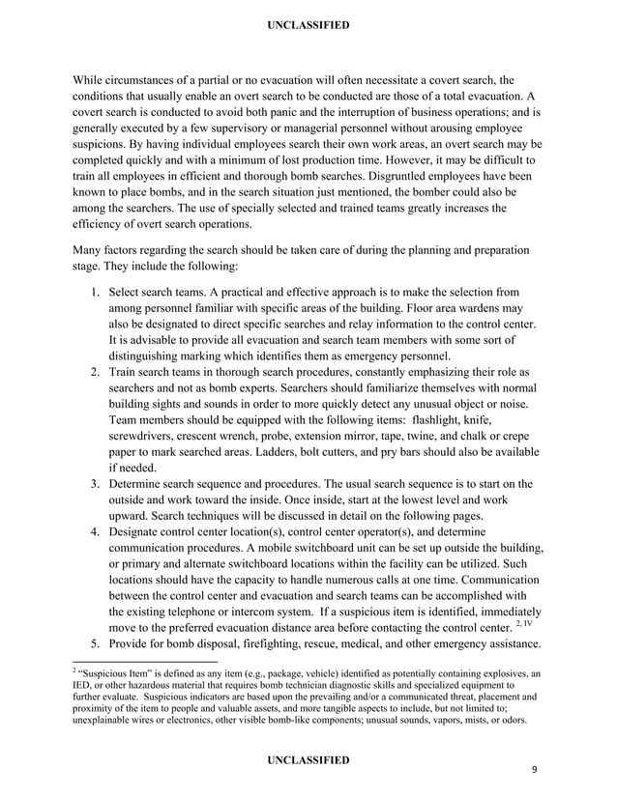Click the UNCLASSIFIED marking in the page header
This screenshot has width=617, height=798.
(308, 24)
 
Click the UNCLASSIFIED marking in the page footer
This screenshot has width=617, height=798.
(308, 760)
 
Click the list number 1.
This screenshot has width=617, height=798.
(95, 292)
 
